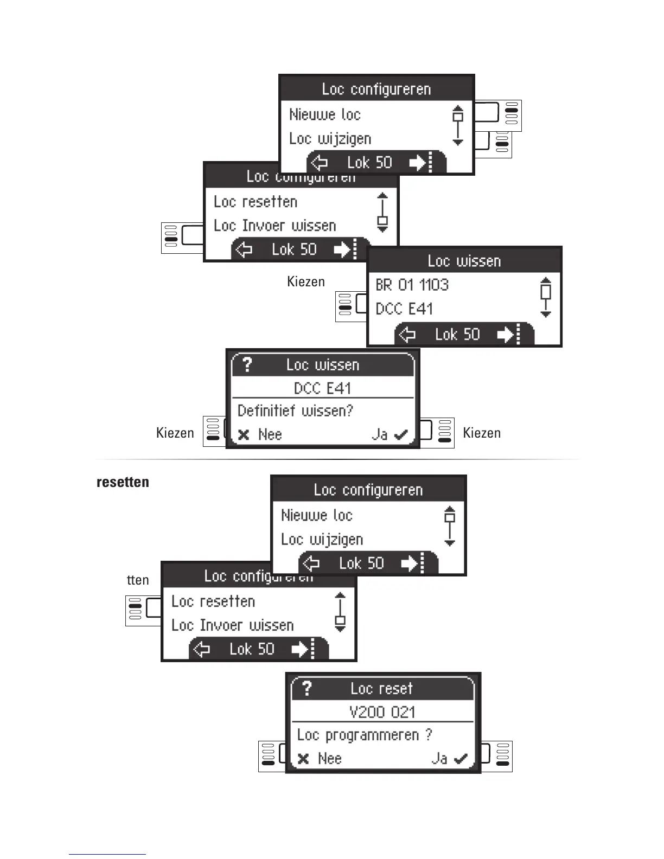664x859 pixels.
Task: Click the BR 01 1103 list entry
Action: click(412, 285)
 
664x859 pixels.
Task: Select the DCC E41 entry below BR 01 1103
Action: click(404, 309)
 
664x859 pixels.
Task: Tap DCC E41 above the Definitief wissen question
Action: click(322, 388)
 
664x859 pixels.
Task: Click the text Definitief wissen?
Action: click(295, 411)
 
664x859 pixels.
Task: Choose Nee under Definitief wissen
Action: click(260, 434)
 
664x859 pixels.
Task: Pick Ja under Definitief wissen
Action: click(389, 434)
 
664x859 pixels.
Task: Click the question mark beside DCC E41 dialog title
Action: click(247, 364)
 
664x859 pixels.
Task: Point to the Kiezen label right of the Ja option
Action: click(481, 433)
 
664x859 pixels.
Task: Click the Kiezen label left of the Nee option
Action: click(175, 433)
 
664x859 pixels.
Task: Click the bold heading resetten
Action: click(123, 482)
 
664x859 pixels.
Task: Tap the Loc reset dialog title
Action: click(381, 688)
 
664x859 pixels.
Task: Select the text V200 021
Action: click(382, 711)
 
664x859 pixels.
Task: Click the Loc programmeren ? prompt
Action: click(364, 735)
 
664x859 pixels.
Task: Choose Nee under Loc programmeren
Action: click(320, 758)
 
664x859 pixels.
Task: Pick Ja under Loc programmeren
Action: click(449, 758)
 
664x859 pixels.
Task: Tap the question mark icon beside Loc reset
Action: click(307, 688)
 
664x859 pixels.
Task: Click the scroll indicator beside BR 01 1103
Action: click(546, 297)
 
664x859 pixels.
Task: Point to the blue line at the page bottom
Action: click(107, 854)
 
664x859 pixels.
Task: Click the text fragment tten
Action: click(138, 580)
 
